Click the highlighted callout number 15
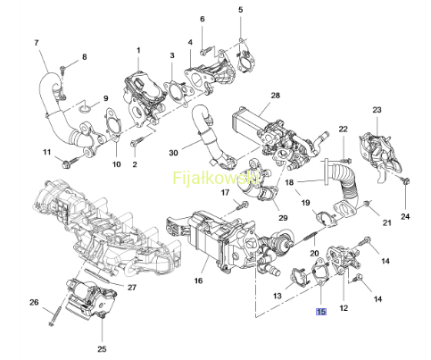point(321,312)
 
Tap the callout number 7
point(37,43)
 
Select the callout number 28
point(276,96)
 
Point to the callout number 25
point(102,348)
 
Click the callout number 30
point(173,153)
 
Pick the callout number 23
point(377,110)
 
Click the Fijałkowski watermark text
point(215,178)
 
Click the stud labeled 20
point(311,236)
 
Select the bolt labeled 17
point(242,205)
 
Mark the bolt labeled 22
point(344,161)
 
